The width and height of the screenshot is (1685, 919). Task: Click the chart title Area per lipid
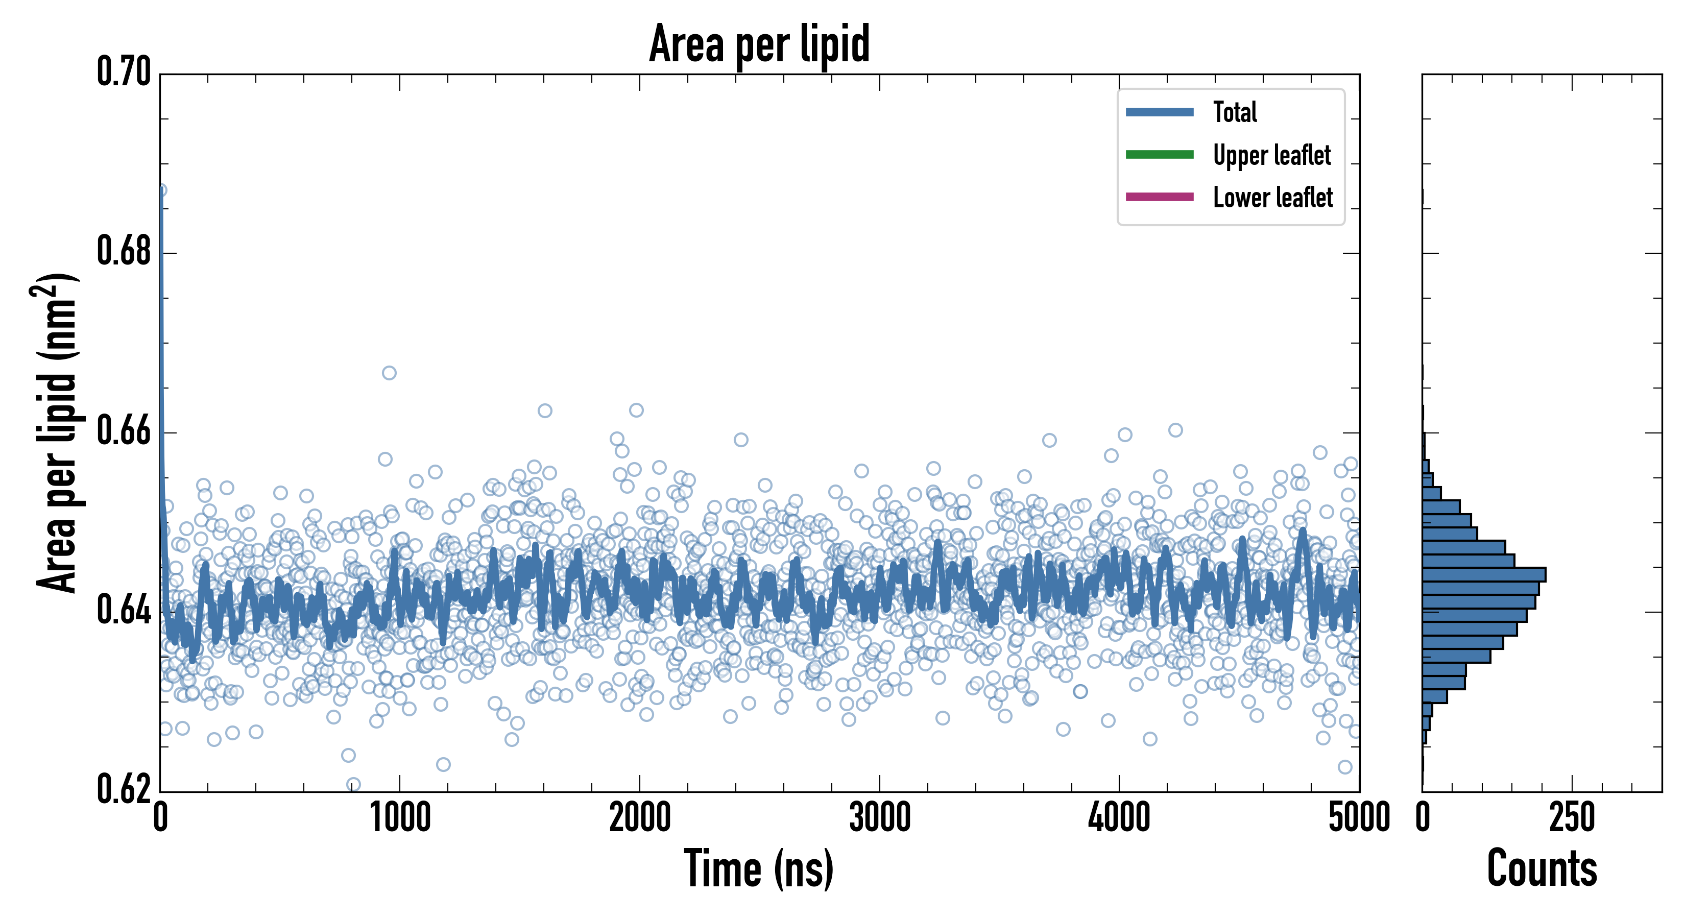(759, 43)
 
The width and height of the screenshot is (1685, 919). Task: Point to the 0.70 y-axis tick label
(124, 72)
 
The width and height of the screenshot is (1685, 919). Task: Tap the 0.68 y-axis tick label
(124, 251)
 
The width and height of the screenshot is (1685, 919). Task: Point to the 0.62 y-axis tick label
(124, 789)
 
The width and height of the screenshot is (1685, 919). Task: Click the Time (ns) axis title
(759, 868)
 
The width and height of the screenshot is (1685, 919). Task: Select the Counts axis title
(1542, 868)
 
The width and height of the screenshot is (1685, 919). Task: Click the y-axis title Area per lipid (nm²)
(56, 433)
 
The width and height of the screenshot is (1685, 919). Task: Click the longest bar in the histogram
(1483, 575)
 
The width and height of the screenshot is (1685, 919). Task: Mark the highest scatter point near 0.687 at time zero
(161, 190)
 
